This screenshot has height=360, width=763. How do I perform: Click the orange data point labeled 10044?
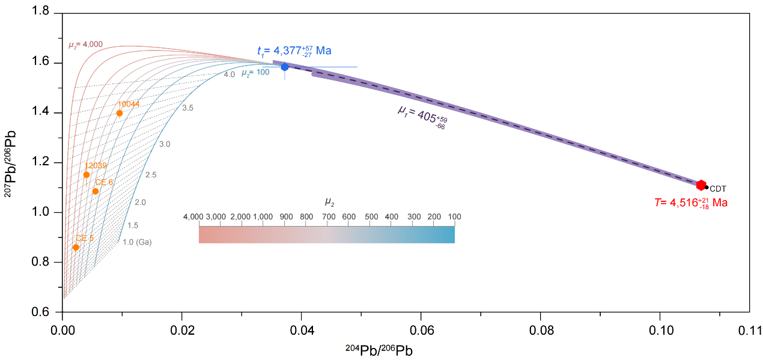pyautogui.click(x=120, y=113)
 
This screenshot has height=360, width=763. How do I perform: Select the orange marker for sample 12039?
pyautogui.click(x=87, y=175)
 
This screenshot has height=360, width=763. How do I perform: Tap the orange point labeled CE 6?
pyautogui.click(x=96, y=191)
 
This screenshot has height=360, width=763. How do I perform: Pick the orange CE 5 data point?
pyautogui.click(x=76, y=247)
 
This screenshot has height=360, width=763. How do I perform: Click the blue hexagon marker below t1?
pyautogui.click(x=285, y=67)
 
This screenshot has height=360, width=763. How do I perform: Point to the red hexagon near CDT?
pyautogui.click(x=701, y=185)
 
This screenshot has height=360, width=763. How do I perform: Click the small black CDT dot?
pyautogui.click(x=707, y=188)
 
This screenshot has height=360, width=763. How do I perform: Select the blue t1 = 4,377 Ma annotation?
pyautogui.click(x=294, y=50)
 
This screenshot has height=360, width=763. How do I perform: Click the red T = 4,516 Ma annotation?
pyautogui.click(x=691, y=203)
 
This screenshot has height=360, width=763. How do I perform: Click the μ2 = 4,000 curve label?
pyautogui.click(x=85, y=44)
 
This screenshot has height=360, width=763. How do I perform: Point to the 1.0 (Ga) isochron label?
pyautogui.click(x=137, y=242)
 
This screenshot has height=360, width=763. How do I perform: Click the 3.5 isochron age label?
pyautogui.click(x=187, y=108)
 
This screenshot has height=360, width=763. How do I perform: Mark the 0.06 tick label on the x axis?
pyautogui.click(x=421, y=330)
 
